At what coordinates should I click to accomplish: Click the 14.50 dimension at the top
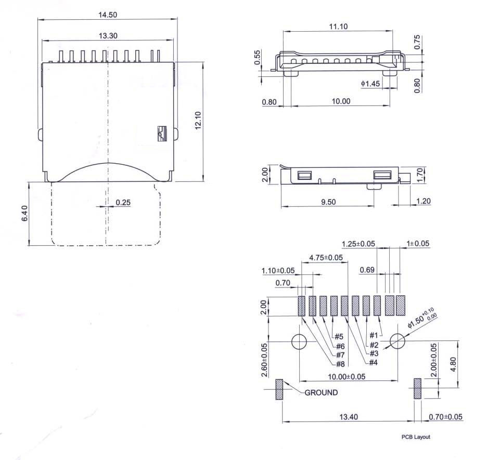tap(108, 15)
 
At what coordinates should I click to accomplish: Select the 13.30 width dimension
tap(108, 35)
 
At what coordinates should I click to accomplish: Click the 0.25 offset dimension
tap(123, 203)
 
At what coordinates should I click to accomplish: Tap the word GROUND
tap(321, 392)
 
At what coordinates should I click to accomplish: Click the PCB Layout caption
tap(416, 437)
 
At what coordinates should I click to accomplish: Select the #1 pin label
tap(374, 335)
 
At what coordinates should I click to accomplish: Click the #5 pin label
tap(339, 336)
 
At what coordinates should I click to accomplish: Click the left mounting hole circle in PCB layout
tap(299, 341)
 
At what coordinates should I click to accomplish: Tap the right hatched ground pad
tap(417, 389)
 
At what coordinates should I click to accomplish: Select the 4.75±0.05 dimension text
tap(326, 257)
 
